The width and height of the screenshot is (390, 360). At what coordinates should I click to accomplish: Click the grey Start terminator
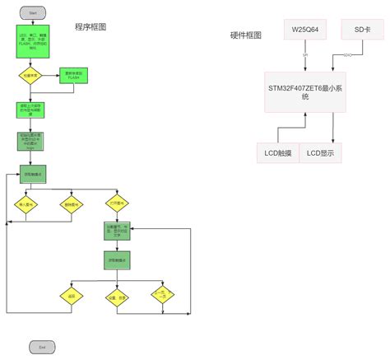[x=32, y=14]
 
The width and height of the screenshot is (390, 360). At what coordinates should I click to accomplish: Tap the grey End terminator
[x=41, y=348]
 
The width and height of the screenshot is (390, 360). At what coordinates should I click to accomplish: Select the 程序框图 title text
[x=91, y=27]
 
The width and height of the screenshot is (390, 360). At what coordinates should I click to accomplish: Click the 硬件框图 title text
[x=246, y=35]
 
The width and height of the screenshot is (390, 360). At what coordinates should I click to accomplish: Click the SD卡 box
[x=363, y=29]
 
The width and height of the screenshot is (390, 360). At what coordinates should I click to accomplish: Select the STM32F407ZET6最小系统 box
[x=304, y=91]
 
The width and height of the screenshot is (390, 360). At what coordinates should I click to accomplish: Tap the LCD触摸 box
[x=279, y=152]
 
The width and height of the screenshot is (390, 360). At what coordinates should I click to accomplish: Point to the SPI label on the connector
[x=305, y=54]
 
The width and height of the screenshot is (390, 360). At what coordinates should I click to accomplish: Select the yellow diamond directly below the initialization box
[x=31, y=76]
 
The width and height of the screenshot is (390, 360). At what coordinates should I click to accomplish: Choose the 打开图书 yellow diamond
[x=118, y=203]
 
